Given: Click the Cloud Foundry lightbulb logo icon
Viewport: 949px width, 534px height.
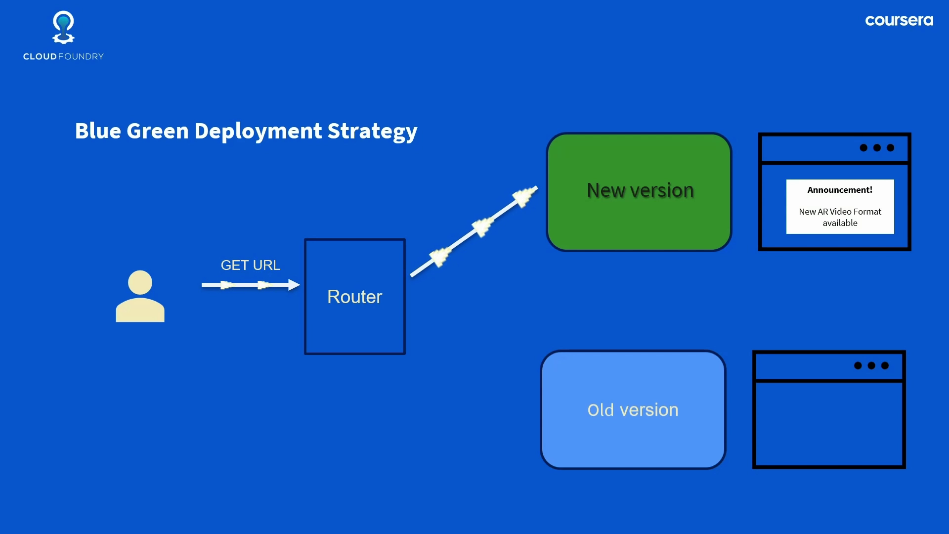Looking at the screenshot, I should click(x=63, y=28).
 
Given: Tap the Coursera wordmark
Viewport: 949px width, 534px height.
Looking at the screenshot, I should click(x=899, y=21).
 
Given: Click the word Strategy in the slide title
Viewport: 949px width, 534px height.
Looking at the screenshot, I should click(x=372, y=132).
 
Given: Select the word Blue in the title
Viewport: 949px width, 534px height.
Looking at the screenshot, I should click(x=98, y=131).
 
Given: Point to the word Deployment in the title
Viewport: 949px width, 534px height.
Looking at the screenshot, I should click(x=258, y=132).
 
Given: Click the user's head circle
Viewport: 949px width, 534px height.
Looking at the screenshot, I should click(x=140, y=282).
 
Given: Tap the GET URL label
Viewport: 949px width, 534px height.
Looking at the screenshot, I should click(x=250, y=266).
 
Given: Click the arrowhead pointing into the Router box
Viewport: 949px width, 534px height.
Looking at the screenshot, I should click(x=294, y=285).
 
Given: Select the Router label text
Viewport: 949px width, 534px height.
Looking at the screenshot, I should click(x=354, y=297).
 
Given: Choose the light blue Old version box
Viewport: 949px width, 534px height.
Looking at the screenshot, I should click(x=633, y=435).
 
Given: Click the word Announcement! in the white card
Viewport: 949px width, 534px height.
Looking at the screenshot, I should click(x=840, y=190).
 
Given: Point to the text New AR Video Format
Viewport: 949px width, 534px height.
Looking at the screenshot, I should click(x=840, y=212).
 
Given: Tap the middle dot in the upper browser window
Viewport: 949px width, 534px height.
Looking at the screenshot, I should click(x=877, y=148).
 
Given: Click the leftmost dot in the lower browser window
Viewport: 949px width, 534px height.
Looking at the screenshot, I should click(x=858, y=365).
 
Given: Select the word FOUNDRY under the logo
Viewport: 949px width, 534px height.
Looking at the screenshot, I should click(x=81, y=57).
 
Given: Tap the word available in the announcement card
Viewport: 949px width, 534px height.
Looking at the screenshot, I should click(x=840, y=223).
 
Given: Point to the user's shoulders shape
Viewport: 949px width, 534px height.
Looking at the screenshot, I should click(x=140, y=310).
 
